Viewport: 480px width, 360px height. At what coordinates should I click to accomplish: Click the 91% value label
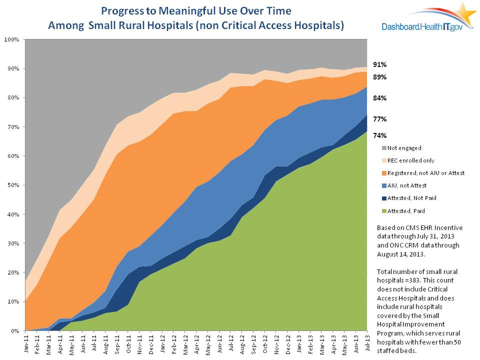click(x=379, y=64)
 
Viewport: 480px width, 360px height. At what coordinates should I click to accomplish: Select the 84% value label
click(x=379, y=98)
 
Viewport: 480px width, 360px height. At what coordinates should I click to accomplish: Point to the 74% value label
click(x=379, y=135)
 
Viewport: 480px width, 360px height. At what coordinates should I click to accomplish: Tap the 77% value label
click(x=379, y=119)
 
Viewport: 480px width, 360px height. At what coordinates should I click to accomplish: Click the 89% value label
click(x=379, y=77)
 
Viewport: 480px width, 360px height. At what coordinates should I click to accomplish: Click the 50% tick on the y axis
click(x=13, y=185)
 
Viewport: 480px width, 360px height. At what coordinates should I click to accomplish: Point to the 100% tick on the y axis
click(x=12, y=39)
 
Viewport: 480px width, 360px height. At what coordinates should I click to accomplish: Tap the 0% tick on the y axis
click(x=15, y=331)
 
